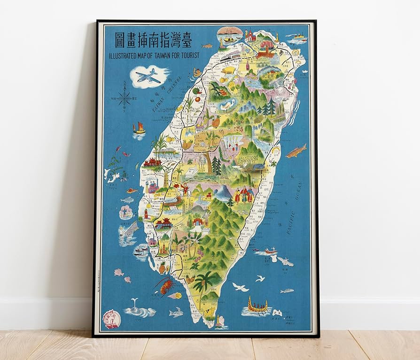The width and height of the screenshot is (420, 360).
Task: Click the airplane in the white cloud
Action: [148, 76]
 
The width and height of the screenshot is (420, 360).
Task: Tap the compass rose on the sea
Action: [124, 99]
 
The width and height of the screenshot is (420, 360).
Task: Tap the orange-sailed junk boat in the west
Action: [139, 129]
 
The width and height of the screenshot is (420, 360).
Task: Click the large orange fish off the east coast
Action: [296, 151]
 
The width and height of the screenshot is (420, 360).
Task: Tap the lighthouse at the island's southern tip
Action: [218, 322]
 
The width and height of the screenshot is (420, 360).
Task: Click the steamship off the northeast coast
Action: [298, 37]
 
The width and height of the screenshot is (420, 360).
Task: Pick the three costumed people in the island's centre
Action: [244, 194]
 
